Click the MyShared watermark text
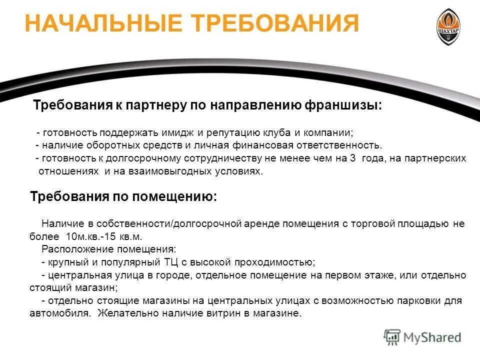coord(433,337)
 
